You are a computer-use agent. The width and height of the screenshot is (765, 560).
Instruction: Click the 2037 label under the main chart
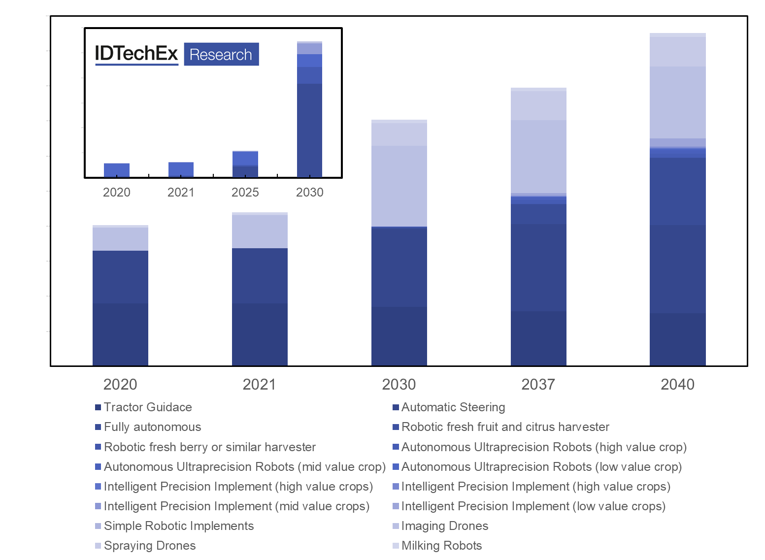pyautogui.click(x=538, y=385)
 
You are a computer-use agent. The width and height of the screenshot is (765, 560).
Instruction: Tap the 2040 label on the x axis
pyautogui.click(x=677, y=385)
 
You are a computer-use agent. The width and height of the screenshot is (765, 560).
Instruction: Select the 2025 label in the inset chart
pyautogui.click(x=245, y=193)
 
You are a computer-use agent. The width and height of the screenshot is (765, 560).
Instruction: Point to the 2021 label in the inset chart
pyautogui.click(x=181, y=193)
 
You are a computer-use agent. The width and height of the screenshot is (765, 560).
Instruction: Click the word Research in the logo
pyautogui.click(x=221, y=55)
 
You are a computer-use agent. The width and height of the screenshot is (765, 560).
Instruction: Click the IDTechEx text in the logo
pyautogui.click(x=136, y=54)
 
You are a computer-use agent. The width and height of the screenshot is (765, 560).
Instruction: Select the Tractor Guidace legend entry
pyautogui.click(x=147, y=407)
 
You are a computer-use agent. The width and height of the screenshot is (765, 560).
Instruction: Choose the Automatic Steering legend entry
pyautogui.click(x=453, y=407)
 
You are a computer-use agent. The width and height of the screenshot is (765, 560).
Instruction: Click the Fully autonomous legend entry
pyautogui.click(x=152, y=427)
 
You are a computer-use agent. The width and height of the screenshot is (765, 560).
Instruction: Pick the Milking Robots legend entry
pyautogui.click(x=441, y=546)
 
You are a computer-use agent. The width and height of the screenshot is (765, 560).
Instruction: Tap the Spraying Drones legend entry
pyautogui.click(x=149, y=546)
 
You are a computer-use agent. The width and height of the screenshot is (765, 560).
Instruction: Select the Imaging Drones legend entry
pyautogui.click(x=444, y=526)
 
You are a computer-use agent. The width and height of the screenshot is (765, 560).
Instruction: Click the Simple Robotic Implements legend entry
pyautogui.click(x=178, y=526)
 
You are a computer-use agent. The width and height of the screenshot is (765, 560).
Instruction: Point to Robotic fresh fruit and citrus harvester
pyautogui.click(x=505, y=427)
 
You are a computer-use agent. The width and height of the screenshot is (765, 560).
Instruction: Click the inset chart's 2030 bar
pyautogui.click(x=309, y=123)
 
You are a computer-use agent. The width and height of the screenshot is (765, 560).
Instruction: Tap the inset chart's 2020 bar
pyautogui.click(x=117, y=170)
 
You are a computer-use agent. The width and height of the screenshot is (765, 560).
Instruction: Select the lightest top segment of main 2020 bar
pyautogui.click(x=120, y=238)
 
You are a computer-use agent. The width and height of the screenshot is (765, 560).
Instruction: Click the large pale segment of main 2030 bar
pyautogui.click(x=399, y=186)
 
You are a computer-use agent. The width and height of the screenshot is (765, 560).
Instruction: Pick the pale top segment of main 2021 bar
pyautogui.click(x=260, y=231)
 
